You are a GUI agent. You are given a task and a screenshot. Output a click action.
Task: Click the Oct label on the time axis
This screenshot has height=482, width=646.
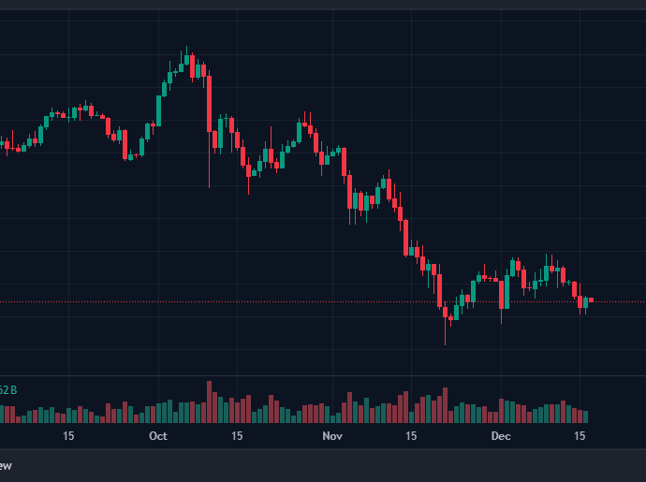[x=157, y=436]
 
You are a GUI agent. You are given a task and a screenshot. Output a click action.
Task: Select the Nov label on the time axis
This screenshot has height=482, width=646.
[x=331, y=436]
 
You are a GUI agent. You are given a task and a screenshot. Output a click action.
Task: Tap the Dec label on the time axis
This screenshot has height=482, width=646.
[x=501, y=436]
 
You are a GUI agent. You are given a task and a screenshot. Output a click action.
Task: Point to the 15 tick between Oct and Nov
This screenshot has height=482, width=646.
[x=238, y=436]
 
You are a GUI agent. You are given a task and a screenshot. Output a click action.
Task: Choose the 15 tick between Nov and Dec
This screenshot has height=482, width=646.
[x=411, y=436]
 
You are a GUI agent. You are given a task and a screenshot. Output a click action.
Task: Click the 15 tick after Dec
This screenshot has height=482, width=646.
[x=580, y=436]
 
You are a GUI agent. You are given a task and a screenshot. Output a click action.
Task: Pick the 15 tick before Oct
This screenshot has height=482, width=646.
[x=68, y=436]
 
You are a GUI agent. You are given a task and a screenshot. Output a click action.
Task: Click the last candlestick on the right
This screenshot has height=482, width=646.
[x=591, y=299]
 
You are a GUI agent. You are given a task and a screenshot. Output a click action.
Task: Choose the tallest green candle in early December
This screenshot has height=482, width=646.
[x=513, y=268]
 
